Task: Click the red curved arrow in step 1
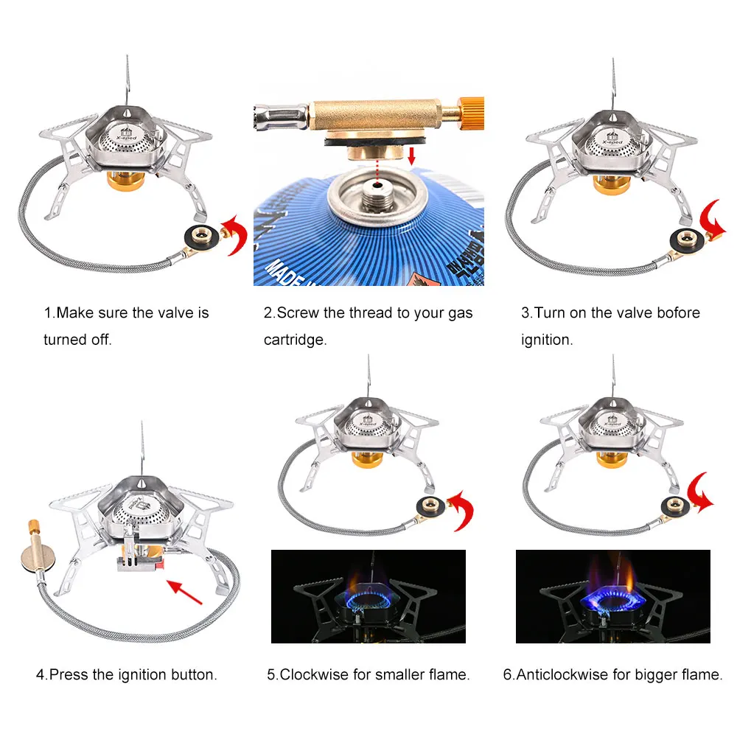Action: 235,236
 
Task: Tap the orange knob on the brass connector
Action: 470,111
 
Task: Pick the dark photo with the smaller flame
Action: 368,595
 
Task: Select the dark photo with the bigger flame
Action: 612,595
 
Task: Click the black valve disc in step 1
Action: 201,238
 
